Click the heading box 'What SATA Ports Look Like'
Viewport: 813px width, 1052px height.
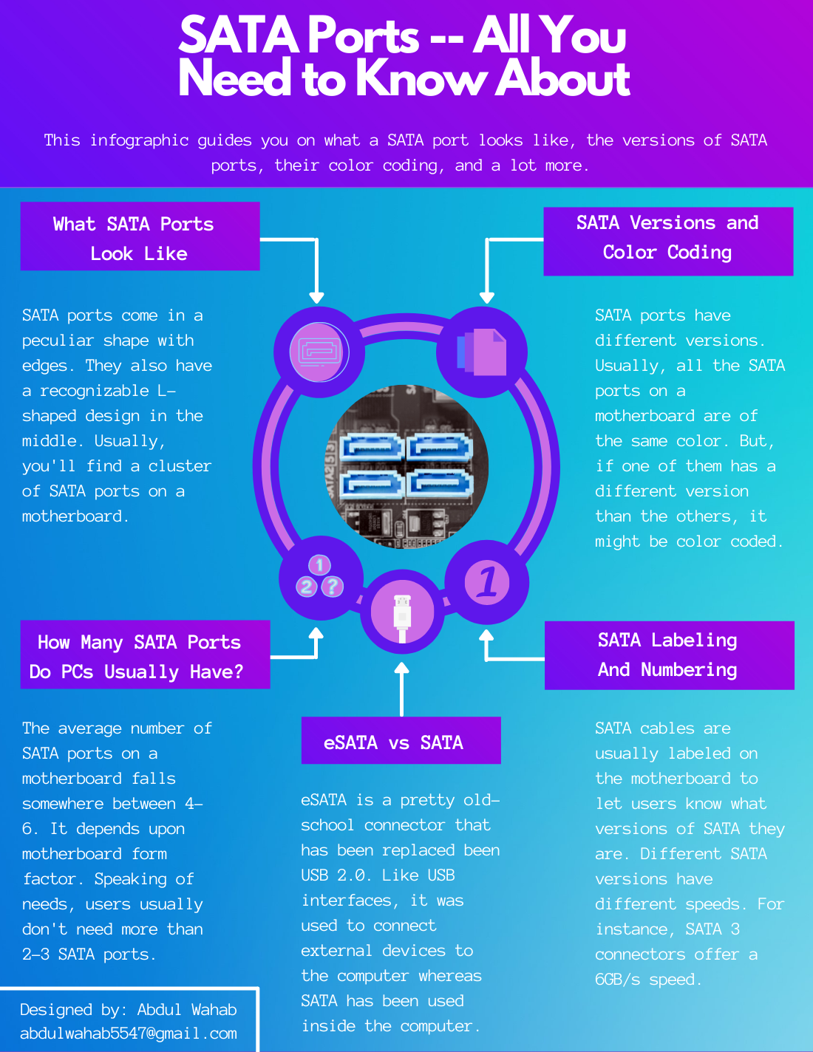tap(140, 236)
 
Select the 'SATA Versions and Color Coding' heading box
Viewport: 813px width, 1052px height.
tap(668, 241)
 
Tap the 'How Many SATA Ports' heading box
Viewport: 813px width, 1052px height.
tap(145, 655)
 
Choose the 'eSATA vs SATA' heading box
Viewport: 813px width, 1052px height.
tap(401, 740)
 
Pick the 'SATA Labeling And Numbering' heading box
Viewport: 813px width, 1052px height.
tap(669, 655)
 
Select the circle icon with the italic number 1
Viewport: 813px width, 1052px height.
tap(487, 582)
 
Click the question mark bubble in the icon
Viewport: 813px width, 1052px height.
tap(333, 587)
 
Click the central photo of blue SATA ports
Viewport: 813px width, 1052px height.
tap(406, 466)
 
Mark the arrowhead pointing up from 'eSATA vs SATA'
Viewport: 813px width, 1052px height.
tap(401, 669)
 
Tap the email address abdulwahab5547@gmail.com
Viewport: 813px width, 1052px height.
tap(129, 1034)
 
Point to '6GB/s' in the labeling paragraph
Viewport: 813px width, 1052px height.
tap(618, 980)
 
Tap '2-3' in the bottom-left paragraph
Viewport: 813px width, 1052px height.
tap(35, 954)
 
